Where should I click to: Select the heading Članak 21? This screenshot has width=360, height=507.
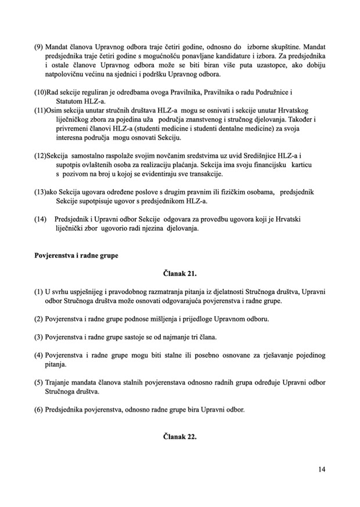(180, 277)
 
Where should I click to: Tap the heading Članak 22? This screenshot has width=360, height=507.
(180, 437)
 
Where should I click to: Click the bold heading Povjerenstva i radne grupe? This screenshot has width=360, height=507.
(76, 255)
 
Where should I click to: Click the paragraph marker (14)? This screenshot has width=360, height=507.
(42, 219)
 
